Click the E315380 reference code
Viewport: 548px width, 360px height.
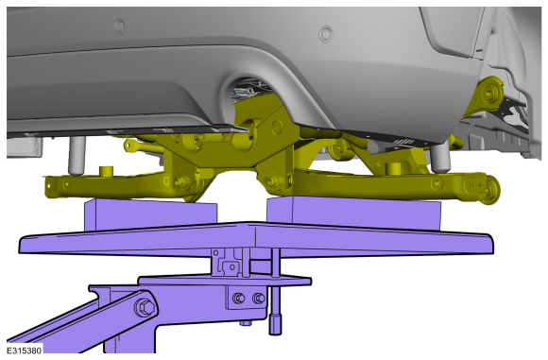[x=25, y=350]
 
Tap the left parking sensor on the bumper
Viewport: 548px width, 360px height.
[x=119, y=26]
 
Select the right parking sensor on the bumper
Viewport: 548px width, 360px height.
[x=325, y=34]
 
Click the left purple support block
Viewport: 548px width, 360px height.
[x=150, y=214]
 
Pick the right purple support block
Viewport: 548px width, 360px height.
[x=353, y=213]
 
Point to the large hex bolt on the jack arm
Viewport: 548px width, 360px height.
[x=146, y=308]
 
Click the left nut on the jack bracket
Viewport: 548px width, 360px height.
[x=239, y=299]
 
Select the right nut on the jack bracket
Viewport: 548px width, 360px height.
[x=259, y=299]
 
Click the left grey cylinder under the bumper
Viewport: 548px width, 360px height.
[x=77, y=156]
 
